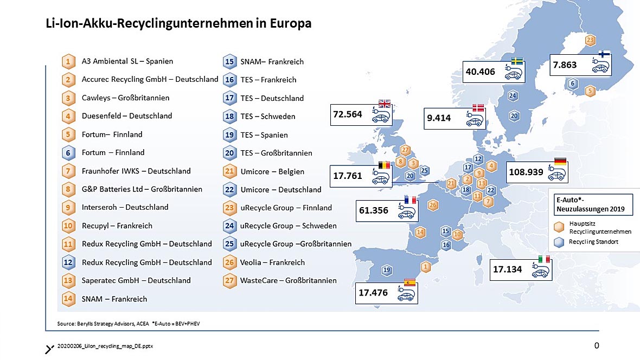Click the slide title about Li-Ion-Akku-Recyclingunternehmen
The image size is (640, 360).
coord(178,24)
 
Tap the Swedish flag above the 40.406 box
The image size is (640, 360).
coord(517,61)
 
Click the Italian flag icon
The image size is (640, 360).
coord(544,259)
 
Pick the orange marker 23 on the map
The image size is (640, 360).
coord(590,41)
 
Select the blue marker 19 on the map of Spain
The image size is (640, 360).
coord(387,270)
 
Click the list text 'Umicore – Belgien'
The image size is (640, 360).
coord(272,171)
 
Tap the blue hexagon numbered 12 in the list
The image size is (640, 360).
coord(68,262)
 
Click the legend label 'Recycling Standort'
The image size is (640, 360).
coord(593,242)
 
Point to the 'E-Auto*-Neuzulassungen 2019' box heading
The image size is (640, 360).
coord(590,204)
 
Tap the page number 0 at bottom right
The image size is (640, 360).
coord(597,345)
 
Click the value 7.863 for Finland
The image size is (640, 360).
coord(565,65)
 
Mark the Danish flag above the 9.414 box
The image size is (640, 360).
coord(478,107)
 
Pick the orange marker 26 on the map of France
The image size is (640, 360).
coord(433,205)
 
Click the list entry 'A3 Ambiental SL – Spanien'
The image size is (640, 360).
coord(127,61)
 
